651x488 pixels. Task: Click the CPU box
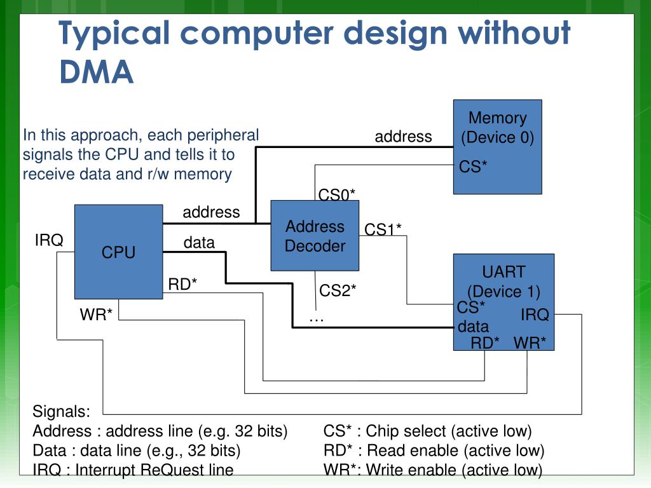tap(119, 252)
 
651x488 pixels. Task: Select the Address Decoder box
tap(315, 236)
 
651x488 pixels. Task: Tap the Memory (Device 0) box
tap(497, 147)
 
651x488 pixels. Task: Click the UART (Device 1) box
tap(504, 302)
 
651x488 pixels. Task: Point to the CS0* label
tap(337, 194)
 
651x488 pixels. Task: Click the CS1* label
tap(383, 229)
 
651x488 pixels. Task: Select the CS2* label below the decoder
tap(338, 290)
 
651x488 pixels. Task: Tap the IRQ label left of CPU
tap(49, 240)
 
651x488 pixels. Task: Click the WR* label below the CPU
tap(96, 315)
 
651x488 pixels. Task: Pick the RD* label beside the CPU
tap(182, 284)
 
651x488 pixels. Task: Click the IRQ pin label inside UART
tap(535, 315)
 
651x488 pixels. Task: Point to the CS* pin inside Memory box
tap(473, 167)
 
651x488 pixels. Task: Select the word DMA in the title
tap(97, 72)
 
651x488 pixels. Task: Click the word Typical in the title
tap(114, 34)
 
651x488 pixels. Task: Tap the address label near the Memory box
tap(403, 137)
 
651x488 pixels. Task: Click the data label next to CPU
tap(199, 242)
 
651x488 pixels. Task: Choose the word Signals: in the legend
tap(62, 411)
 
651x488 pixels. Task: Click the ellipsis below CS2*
tap(317, 320)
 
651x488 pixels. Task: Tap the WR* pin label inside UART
tap(530, 342)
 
